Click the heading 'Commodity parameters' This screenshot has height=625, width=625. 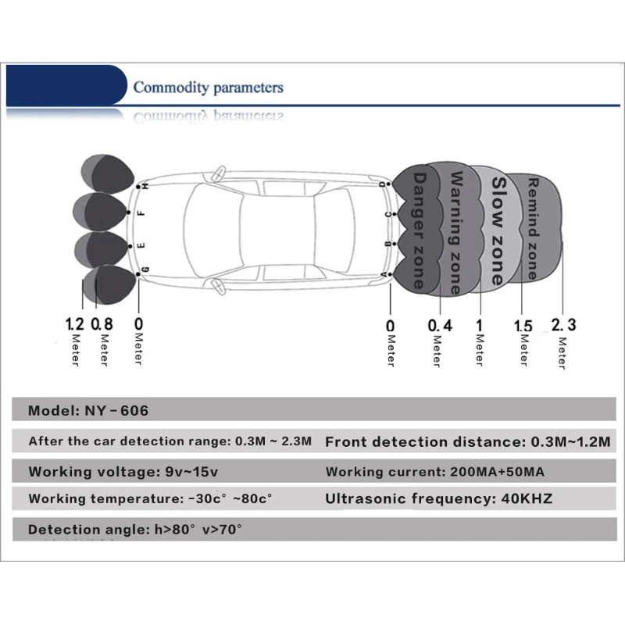pyautogui.click(x=208, y=87)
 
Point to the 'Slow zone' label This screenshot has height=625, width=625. pyautogui.click(x=497, y=230)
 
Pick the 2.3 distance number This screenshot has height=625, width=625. pyautogui.click(x=563, y=323)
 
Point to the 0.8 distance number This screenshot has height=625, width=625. pyautogui.click(x=103, y=323)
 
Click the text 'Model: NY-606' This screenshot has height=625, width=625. pyautogui.click(x=88, y=410)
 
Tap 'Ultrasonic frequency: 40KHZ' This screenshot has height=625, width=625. pyautogui.click(x=439, y=498)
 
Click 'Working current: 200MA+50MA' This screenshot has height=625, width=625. pyautogui.click(x=435, y=472)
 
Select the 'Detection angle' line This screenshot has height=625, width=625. pyautogui.click(x=135, y=530)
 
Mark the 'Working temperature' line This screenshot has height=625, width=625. pyautogui.click(x=150, y=498)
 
